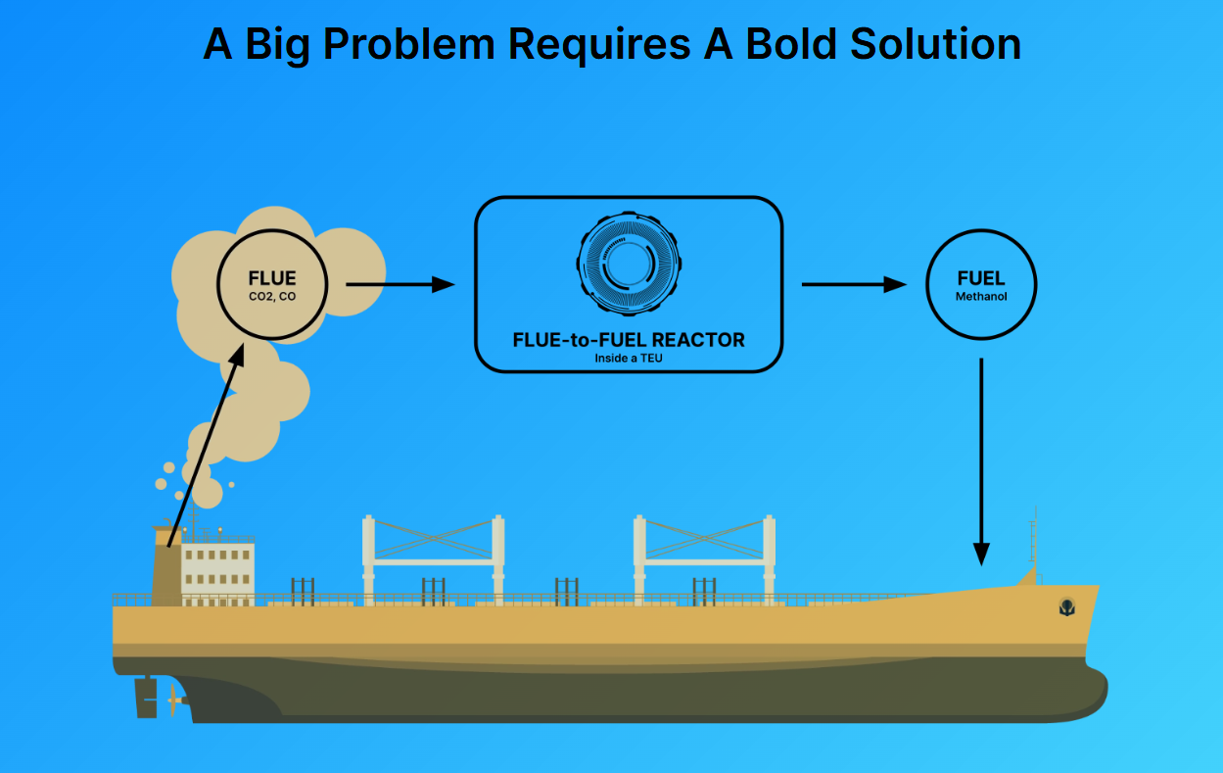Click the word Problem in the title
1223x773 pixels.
pos(409,44)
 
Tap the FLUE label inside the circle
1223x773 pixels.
pos(272,278)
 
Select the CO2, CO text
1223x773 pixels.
pos(272,297)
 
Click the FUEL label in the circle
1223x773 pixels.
pos(981,278)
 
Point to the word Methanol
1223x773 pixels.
pos(981,297)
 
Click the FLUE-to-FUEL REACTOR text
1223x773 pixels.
pos(629,340)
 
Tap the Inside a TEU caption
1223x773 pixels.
pos(629,359)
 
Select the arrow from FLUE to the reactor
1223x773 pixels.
pos(400,285)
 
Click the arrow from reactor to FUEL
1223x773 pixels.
pos(854,285)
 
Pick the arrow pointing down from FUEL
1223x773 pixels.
pos(981,462)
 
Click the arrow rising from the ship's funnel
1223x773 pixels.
pos(206,445)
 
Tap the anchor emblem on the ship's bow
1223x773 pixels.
pos(1067,606)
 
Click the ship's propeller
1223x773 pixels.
pos(174,700)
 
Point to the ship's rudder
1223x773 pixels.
pos(146,698)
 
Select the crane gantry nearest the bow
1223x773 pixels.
pos(704,560)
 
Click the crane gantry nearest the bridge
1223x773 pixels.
pos(434,560)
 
